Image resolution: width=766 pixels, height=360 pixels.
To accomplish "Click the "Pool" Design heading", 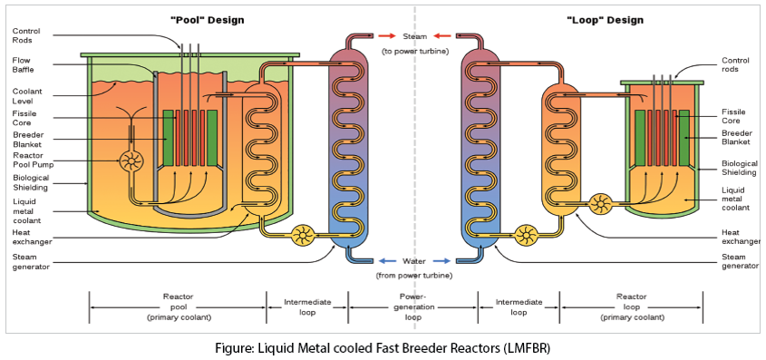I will coord(207,20).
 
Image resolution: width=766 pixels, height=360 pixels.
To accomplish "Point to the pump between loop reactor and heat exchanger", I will coord(599,204).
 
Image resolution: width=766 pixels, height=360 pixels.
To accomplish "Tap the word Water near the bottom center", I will coord(414,261).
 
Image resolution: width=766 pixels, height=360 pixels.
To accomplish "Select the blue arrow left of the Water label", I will coord(386,261).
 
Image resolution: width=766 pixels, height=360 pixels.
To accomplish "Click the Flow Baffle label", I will coord(24,65).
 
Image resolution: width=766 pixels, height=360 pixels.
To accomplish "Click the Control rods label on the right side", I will coord(735,65).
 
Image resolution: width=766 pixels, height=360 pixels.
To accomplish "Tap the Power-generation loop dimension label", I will coord(413,306).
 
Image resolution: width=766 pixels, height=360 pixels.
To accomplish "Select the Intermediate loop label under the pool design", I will coord(307,306).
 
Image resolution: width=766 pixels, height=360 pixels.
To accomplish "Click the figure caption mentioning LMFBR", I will coord(382,347).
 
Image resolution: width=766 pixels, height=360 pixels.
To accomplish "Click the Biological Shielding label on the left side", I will coord(31,184).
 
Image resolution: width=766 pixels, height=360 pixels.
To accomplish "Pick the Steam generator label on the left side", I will coord(31,263).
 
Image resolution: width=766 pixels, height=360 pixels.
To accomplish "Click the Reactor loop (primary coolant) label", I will coord(631,306).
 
